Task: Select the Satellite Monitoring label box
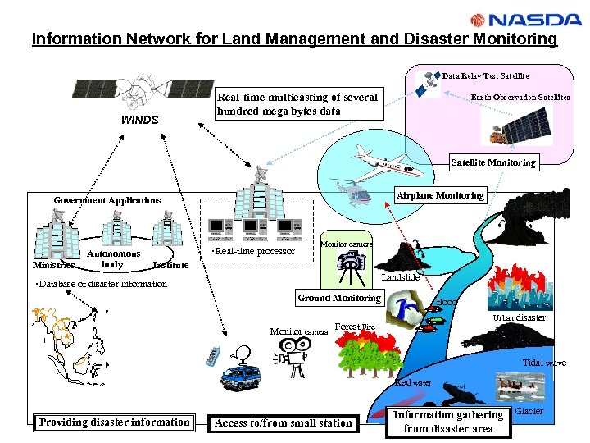(x=493, y=162)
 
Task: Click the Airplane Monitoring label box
(x=440, y=195)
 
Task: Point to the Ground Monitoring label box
(x=339, y=298)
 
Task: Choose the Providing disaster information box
(x=114, y=422)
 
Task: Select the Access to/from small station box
(x=283, y=423)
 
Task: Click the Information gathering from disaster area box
(x=448, y=421)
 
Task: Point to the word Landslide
(x=401, y=278)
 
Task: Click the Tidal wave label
(x=544, y=363)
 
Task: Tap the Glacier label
(x=529, y=410)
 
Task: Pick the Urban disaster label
(x=519, y=317)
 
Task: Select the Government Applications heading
(x=107, y=200)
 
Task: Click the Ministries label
(x=53, y=265)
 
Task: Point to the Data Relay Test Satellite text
(x=485, y=75)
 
